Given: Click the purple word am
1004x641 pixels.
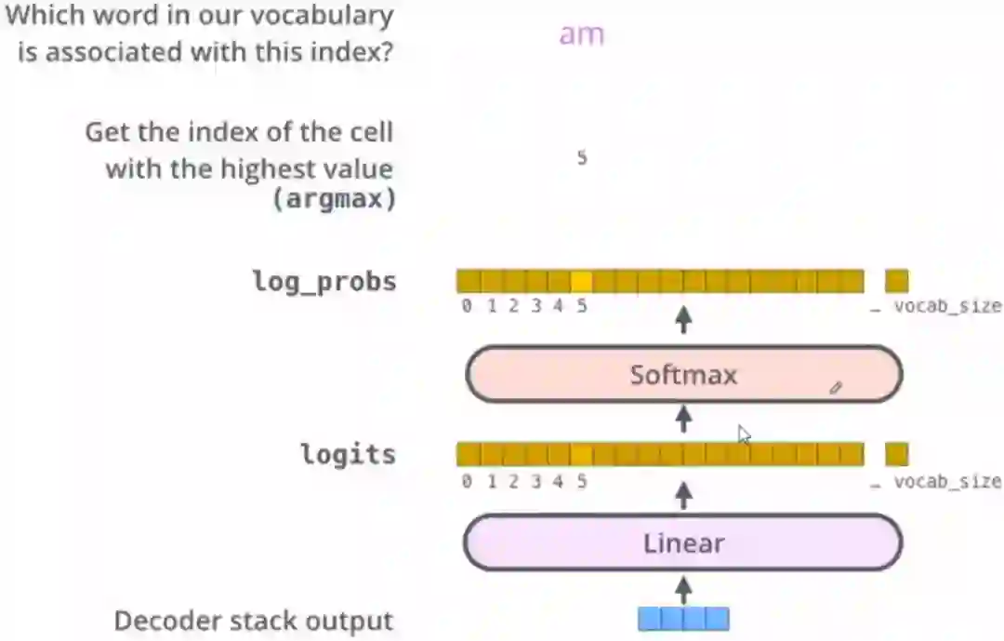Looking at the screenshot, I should tap(582, 35).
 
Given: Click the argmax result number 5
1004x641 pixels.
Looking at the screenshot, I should tap(582, 158).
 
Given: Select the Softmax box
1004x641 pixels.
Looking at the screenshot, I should tap(683, 375).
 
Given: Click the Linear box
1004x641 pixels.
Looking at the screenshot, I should tap(683, 542).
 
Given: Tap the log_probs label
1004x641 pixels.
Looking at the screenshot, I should tap(324, 281).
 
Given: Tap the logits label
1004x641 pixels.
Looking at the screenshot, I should tap(348, 455).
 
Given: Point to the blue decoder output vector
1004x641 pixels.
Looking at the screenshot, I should tap(683, 619).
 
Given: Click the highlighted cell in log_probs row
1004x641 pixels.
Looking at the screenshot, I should tap(582, 281).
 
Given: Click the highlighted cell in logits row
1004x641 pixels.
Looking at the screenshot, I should tap(582, 455).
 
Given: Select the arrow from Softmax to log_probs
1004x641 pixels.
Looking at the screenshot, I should tap(684, 321).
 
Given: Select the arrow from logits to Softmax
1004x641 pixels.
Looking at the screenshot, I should tap(684, 419).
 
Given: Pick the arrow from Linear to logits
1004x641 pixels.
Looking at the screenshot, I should tap(684, 495).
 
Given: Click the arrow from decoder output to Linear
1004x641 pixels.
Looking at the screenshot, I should tap(684, 588).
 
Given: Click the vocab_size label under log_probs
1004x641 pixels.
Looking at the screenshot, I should tap(947, 306).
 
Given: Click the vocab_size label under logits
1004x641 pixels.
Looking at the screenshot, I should tap(947, 482).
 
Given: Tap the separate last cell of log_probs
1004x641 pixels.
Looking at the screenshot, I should tap(896, 281).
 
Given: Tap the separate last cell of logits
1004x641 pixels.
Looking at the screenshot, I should tap(896, 455).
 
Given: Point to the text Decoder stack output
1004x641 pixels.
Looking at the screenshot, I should tap(254, 621).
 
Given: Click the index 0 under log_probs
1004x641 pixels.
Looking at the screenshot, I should tap(467, 306).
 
